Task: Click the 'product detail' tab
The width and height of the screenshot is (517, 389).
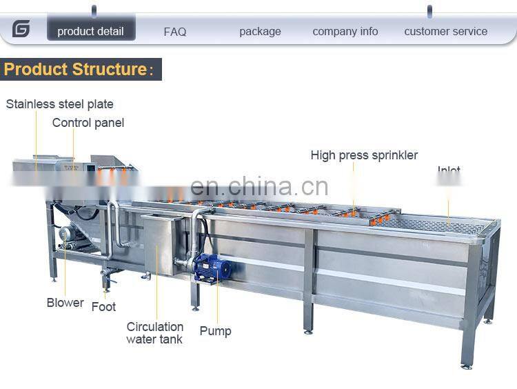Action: [90, 31]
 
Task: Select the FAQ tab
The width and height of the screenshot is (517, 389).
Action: [175, 32]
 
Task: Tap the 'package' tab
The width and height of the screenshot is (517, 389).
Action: [260, 31]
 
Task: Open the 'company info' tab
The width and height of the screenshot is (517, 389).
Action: [345, 31]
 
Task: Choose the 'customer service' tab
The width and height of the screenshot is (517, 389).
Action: [445, 31]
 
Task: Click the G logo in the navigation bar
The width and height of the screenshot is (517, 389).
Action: [21, 29]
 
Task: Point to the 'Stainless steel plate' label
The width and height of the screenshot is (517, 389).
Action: [60, 104]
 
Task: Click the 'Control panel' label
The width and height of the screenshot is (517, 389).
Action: [88, 123]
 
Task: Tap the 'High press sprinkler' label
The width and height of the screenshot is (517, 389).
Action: [364, 155]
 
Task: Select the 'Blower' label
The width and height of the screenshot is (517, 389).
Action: [65, 302]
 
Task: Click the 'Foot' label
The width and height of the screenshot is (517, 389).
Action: [103, 306]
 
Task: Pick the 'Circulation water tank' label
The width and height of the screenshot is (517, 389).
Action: [154, 332]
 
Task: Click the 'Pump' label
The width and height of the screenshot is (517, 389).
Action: [215, 331]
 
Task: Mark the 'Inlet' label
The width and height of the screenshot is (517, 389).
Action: [449, 170]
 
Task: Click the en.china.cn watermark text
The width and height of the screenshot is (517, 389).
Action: [259, 186]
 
